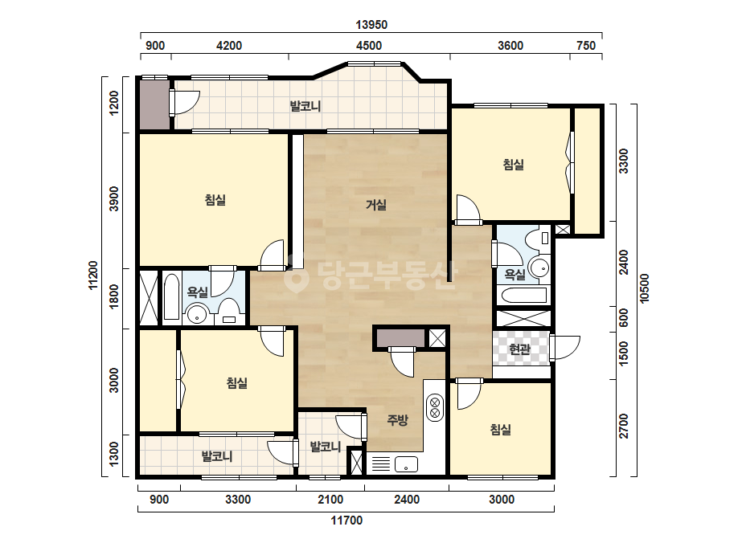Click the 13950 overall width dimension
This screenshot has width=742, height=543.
[x=371, y=25]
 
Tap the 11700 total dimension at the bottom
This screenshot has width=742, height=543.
[x=346, y=521]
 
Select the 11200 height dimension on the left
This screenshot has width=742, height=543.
[x=92, y=276]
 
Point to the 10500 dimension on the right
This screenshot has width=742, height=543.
[x=644, y=288]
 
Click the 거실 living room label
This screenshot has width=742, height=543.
[x=376, y=205]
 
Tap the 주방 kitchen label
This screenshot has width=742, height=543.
[x=397, y=420]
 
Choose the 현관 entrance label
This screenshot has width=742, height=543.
[x=519, y=349]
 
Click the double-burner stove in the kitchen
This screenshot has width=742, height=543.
[x=435, y=408]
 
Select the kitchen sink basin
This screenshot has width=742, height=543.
[x=407, y=464]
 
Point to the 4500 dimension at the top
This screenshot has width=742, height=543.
[x=369, y=46]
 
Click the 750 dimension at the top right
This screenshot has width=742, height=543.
[x=586, y=46]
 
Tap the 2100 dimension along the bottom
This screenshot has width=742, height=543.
[x=330, y=500]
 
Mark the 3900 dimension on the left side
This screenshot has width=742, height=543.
[x=114, y=198]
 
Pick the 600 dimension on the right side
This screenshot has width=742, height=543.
[x=624, y=318]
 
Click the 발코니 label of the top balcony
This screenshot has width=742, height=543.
[x=305, y=106]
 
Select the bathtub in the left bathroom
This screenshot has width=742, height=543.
[x=172, y=297]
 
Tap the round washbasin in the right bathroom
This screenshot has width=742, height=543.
[x=539, y=267]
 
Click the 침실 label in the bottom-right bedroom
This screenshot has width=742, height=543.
[x=501, y=430]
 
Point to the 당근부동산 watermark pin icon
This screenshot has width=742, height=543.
[x=294, y=273]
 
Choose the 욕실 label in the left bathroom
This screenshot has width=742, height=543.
[x=197, y=292]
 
